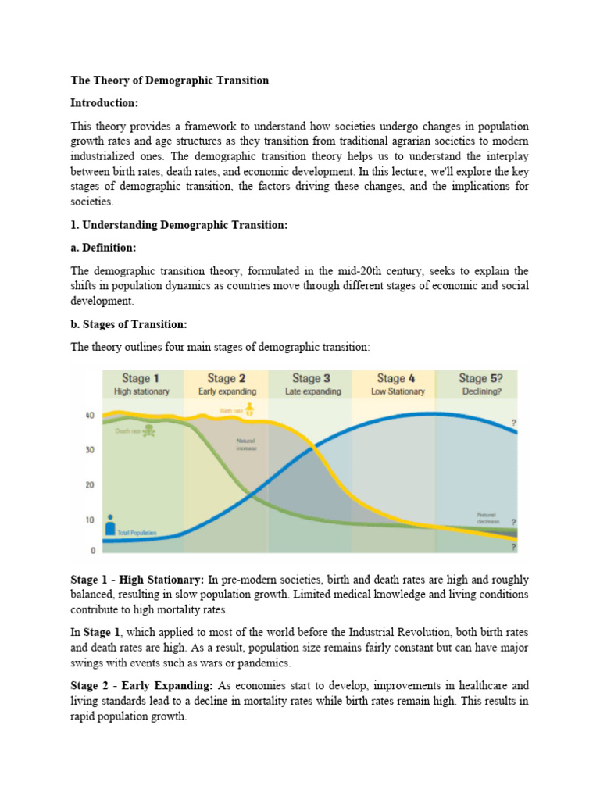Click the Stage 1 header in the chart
pyautogui.click(x=141, y=378)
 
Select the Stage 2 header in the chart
pyautogui.click(x=226, y=378)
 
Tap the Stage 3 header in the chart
pyautogui.click(x=311, y=378)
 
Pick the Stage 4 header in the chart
pyautogui.click(x=396, y=378)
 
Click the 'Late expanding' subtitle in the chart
pyautogui.click(x=311, y=391)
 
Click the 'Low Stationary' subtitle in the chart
pyautogui.click(x=396, y=391)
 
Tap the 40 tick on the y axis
pyautogui.click(x=89, y=415)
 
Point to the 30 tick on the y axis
pyautogui.click(x=89, y=450)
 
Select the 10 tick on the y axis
pyautogui.click(x=89, y=520)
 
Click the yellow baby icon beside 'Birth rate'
pyautogui.click(x=249, y=408)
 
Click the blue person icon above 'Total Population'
pyautogui.click(x=111, y=522)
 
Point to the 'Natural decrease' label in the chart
pyautogui.click(x=487, y=517)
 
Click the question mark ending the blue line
pyautogui.click(x=514, y=423)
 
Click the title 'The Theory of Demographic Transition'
pyautogui.click(x=170, y=80)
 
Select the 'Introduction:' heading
pyautogui.click(x=104, y=103)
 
